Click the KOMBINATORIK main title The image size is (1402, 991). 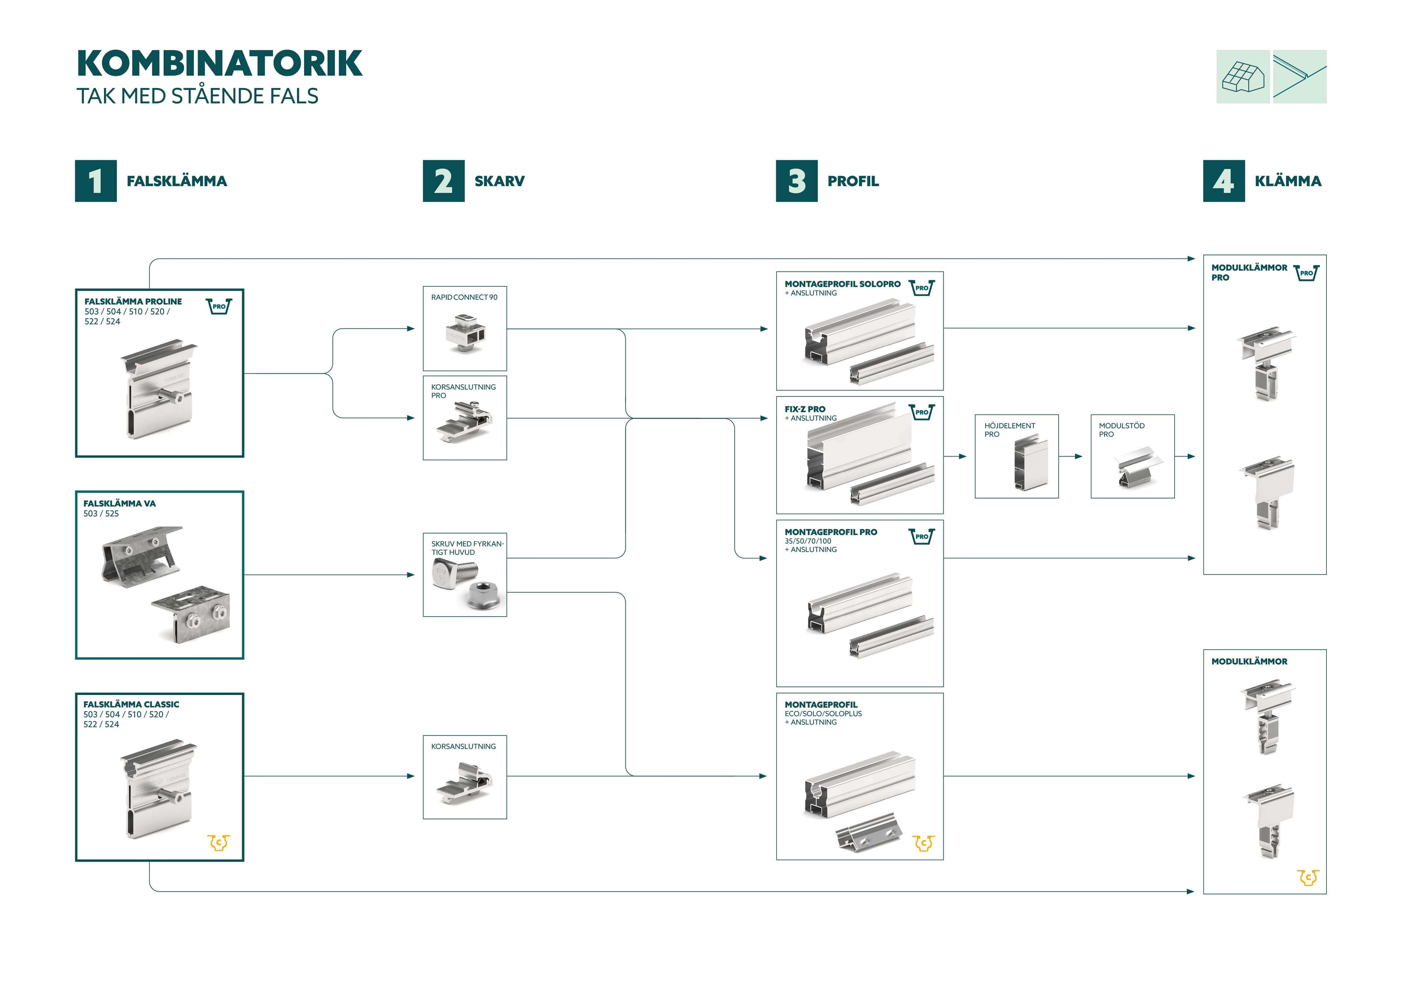(220, 64)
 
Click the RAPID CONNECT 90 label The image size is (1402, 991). (464, 297)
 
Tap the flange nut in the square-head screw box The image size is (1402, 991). (484, 594)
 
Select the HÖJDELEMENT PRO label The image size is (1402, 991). (1010, 430)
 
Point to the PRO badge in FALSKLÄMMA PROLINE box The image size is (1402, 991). (219, 306)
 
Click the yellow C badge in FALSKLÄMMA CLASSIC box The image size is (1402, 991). (219, 843)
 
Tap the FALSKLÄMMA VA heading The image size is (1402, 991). (120, 504)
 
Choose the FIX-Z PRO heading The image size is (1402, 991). (805, 409)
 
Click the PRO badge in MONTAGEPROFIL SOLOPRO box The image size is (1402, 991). (922, 288)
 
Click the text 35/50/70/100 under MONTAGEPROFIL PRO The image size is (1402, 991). (808, 541)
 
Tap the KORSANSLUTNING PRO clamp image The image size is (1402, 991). (464, 421)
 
